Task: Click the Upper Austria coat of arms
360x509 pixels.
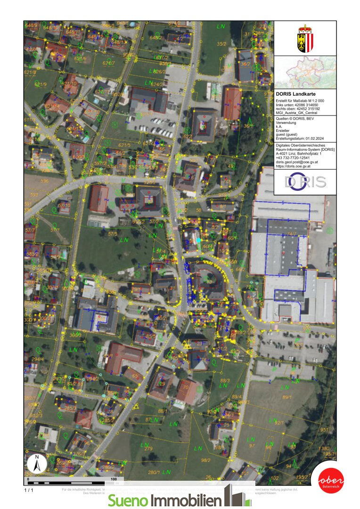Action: pyautogui.click(x=305, y=39)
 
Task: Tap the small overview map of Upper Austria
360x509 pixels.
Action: pyautogui.click(x=305, y=72)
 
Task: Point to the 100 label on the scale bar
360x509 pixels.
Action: pyautogui.click(x=114, y=479)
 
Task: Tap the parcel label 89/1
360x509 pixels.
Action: pyautogui.click(x=287, y=398)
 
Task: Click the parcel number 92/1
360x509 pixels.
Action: pyautogui.click(x=279, y=423)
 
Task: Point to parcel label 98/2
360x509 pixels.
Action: pyautogui.click(x=205, y=460)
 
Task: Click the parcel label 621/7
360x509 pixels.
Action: pyautogui.click(x=109, y=63)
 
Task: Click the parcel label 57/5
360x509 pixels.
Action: pyautogui.click(x=112, y=233)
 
